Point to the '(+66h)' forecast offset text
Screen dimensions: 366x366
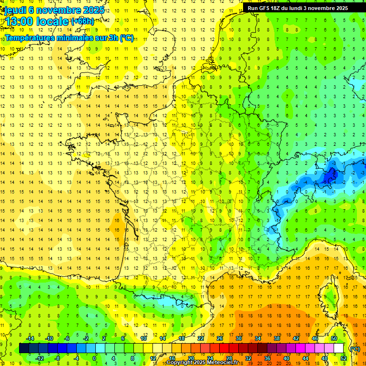[82, 21]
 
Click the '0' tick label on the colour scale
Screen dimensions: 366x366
[94, 358]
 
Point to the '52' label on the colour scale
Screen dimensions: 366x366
[343, 358]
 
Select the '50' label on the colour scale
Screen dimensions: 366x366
[334, 338]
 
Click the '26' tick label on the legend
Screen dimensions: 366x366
[220, 338]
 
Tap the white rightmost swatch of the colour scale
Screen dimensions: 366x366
[338, 348]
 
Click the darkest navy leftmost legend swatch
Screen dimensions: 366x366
[24, 348]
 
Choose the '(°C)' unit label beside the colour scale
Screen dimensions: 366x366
[355, 348]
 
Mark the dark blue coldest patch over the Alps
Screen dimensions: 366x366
[329, 176]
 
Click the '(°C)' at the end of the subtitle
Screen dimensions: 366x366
[127, 38]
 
